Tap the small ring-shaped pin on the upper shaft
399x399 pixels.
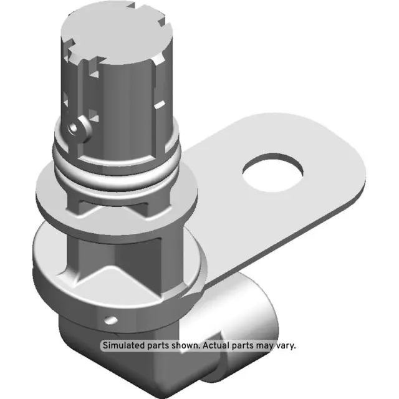(77, 128)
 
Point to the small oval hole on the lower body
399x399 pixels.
(112, 320)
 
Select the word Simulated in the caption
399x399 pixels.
(125, 345)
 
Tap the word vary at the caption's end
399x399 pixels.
(286, 345)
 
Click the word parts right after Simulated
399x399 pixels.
(163, 345)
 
